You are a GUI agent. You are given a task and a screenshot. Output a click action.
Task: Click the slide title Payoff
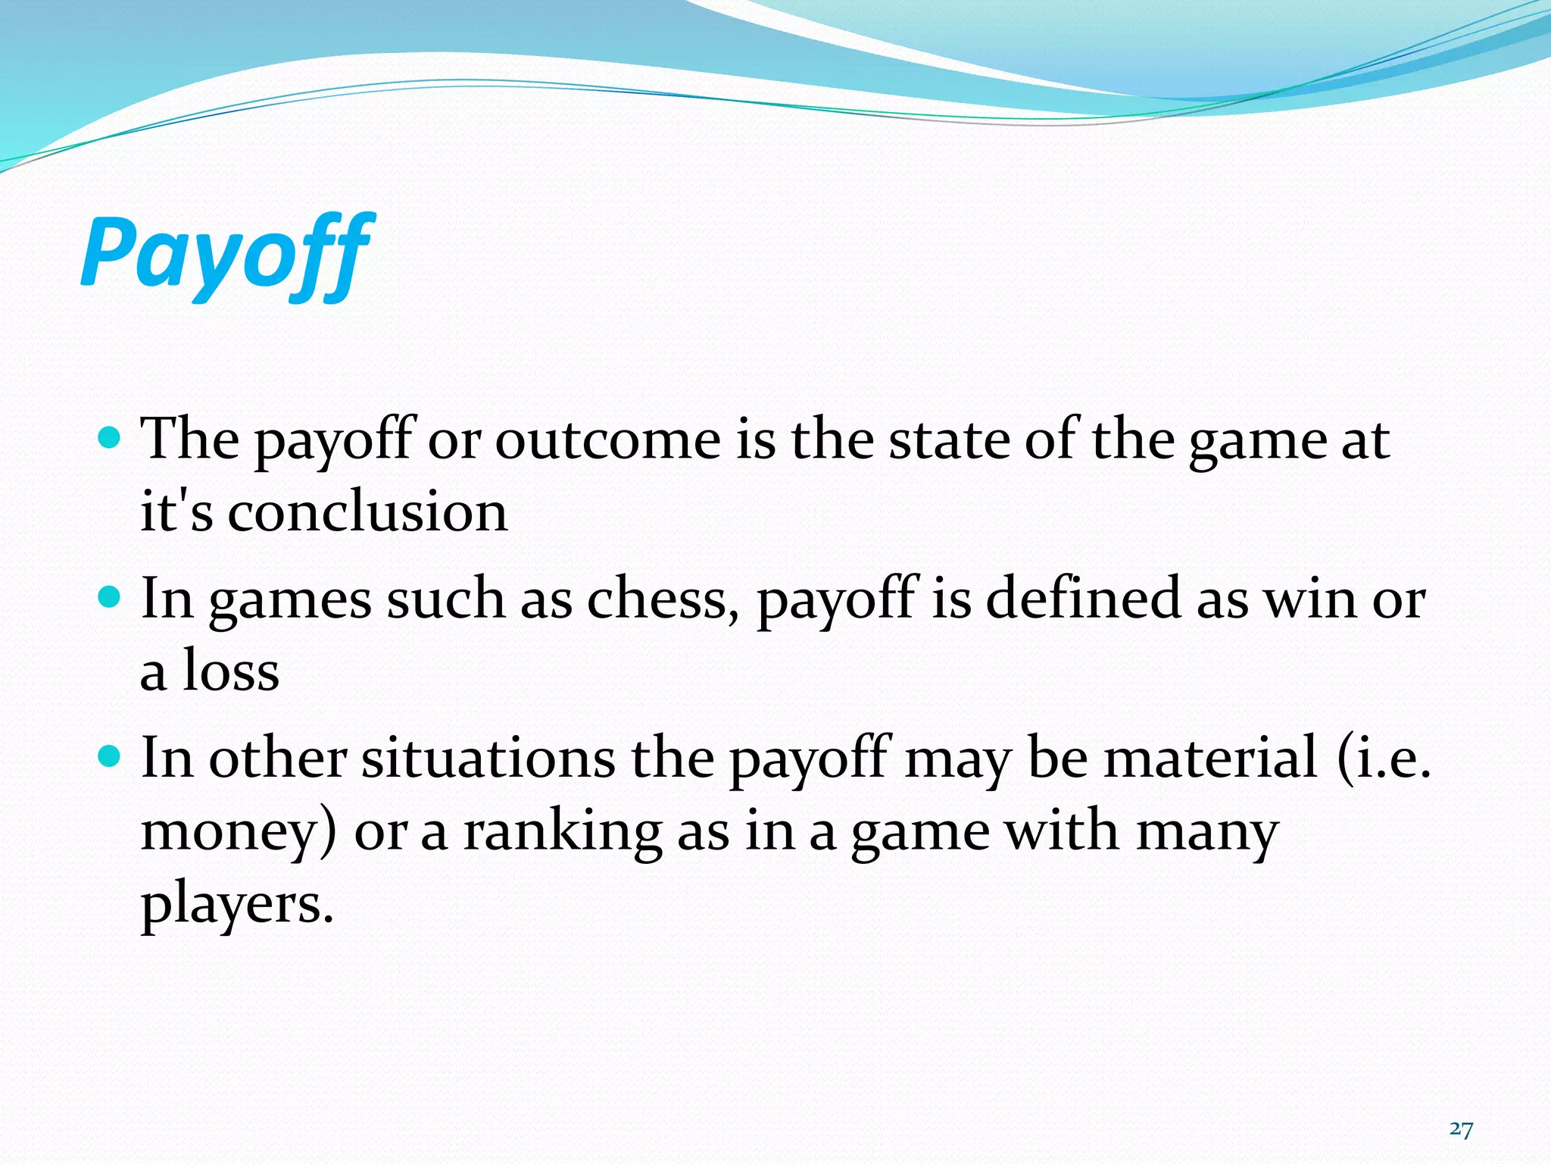(x=226, y=253)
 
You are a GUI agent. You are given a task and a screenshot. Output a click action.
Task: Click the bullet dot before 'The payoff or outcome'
(x=111, y=437)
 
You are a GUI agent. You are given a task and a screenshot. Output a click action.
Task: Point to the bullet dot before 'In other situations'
(x=111, y=757)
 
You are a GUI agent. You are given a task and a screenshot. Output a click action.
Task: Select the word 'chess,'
(x=663, y=599)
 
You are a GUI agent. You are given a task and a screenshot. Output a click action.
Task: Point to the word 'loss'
(x=230, y=671)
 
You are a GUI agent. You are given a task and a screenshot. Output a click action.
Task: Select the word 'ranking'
(x=562, y=831)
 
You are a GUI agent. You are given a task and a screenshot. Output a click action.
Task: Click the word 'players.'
(x=237, y=905)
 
